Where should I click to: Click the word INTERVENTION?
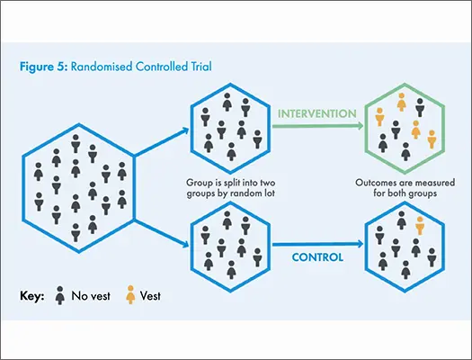click(x=317, y=113)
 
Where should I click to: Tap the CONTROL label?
click(x=317, y=257)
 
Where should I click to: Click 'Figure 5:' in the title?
click(x=44, y=67)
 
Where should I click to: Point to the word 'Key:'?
click(x=31, y=296)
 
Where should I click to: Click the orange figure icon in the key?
click(x=130, y=294)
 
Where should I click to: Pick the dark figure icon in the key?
click(x=60, y=295)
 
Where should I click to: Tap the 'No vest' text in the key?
click(x=91, y=296)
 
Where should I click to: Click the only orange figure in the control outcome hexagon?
click(x=420, y=225)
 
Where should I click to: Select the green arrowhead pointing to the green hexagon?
click(x=360, y=126)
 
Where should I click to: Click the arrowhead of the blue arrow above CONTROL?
click(x=360, y=244)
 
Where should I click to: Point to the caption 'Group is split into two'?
click(x=230, y=183)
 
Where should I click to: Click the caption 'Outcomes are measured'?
click(x=405, y=183)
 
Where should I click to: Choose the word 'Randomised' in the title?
click(x=102, y=67)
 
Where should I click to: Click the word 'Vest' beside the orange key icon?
click(x=150, y=296)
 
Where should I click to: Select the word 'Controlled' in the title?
click(x=162, y=67)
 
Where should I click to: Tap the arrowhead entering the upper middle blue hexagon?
click(x=185, y=130)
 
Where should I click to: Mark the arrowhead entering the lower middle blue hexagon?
click(x=185, y=244)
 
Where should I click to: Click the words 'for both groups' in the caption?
click(x=405, y=193)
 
